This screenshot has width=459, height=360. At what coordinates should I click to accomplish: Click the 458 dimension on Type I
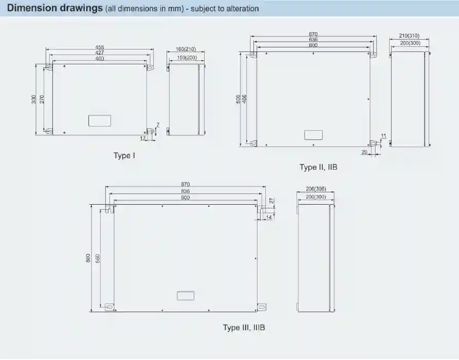point(100,47)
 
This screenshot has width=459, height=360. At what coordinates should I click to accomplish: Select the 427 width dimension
point(100,53)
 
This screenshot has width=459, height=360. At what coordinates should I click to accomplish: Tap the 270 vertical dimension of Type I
point(42,99)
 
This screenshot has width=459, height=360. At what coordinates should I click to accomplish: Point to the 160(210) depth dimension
point(186,49)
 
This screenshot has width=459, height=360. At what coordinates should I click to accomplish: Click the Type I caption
point(124,155)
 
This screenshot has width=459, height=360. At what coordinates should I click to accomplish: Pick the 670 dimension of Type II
point(313,34)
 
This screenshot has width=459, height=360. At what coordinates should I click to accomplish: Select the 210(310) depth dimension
point(409,35)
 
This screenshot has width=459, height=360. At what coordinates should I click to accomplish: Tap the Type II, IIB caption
point(319,167)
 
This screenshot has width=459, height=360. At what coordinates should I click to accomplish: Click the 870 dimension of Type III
point(186,184)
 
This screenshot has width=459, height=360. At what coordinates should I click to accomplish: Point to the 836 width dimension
point(186,191)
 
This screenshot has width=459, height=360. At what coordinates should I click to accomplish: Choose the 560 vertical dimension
point(98,258)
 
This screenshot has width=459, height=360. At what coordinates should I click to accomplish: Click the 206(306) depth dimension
point(316,189)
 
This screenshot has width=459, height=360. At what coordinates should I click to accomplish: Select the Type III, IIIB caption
point(244,327)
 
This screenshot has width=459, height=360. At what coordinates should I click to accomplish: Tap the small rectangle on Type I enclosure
point(100,121)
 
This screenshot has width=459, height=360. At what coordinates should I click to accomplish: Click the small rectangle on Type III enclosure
point(186,296)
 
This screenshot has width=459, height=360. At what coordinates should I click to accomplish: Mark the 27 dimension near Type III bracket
point(272,201)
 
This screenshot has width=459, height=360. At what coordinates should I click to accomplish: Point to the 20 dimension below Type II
point(364,152)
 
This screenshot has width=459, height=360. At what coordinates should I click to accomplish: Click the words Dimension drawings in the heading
point(54,8)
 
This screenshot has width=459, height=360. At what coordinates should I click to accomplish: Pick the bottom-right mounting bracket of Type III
point(262,307)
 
